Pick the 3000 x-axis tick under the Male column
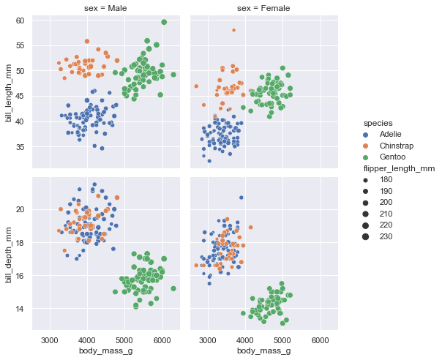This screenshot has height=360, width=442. point(50,340)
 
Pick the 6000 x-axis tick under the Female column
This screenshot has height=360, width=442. point(319,340)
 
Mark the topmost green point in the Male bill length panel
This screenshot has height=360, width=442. point(164,22)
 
